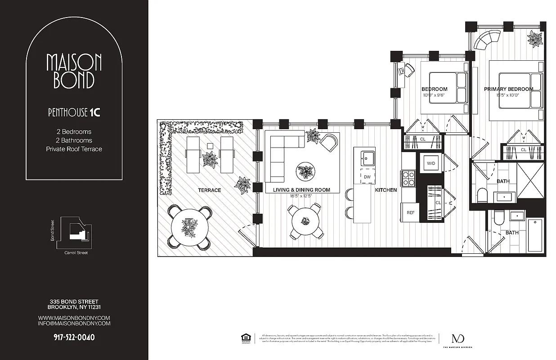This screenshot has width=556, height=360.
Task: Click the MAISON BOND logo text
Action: coord(74,71)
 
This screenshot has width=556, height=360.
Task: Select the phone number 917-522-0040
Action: coord(74,337)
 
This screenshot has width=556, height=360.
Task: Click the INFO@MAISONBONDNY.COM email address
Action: coord(74,323)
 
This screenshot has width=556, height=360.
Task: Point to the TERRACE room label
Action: coord(210,190)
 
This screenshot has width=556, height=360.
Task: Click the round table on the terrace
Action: coord(189,227)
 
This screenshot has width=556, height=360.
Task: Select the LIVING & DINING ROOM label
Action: coord(301,190)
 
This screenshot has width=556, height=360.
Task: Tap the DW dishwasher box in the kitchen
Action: coord(367,177)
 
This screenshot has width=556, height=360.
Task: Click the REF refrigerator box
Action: coord(410,212)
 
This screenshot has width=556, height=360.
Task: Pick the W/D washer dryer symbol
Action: coord(430,163)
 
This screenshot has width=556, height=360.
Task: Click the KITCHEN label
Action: coord(386,190)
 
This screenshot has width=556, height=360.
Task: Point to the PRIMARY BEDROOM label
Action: coord(508,89)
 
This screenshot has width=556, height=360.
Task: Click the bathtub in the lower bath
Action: coord(535,235)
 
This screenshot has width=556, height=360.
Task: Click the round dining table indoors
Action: coord(305,221)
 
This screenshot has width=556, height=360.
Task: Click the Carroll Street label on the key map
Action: coord(76,253)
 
